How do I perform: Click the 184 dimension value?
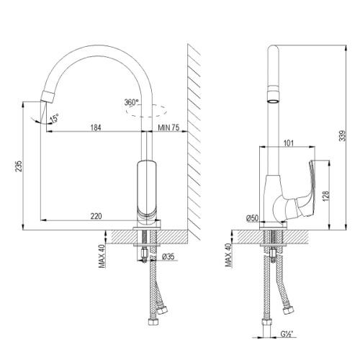(96, 127)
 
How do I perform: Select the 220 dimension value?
(96, 215)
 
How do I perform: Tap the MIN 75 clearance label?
(169, 127)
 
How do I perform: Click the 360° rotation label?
(131, 102)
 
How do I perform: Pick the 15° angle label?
(54, 120)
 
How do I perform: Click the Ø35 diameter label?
(167, 256)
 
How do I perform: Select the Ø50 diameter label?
(252, 217)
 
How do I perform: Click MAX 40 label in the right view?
(229, 254)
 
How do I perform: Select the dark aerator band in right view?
(274, 94)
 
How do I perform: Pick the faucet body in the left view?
(147, 191)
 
